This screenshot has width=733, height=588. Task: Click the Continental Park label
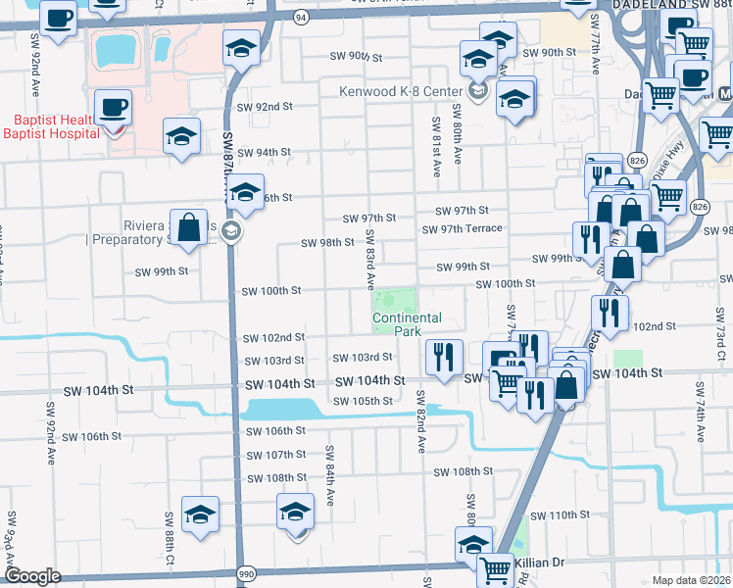(407, 324)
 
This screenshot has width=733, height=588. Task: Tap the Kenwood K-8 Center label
(402, 91)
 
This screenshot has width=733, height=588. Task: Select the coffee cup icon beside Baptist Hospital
(113, 107)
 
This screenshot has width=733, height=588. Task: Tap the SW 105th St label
(363, 401)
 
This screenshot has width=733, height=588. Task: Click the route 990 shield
(246, 573)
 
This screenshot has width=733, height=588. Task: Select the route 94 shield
(301, 18)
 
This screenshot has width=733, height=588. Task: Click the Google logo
(32, 576)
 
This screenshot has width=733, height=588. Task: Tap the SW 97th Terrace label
(462, 229)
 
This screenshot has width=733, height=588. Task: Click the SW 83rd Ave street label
(371, 260)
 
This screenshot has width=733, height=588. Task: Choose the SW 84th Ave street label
(330, 475)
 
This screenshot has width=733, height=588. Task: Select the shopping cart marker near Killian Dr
(496, 567)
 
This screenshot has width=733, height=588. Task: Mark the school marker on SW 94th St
(181, 137)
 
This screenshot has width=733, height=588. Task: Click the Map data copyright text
(691, 580)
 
